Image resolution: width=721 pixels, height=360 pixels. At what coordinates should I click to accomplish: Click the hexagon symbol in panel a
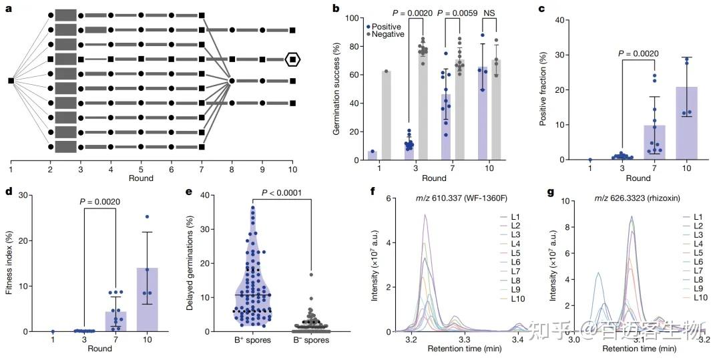292,59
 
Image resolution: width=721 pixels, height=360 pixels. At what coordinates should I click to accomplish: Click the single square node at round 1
11,81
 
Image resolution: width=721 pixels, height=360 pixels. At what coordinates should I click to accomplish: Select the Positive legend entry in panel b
387,26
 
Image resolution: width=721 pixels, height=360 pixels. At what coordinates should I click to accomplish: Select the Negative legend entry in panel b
389,34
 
